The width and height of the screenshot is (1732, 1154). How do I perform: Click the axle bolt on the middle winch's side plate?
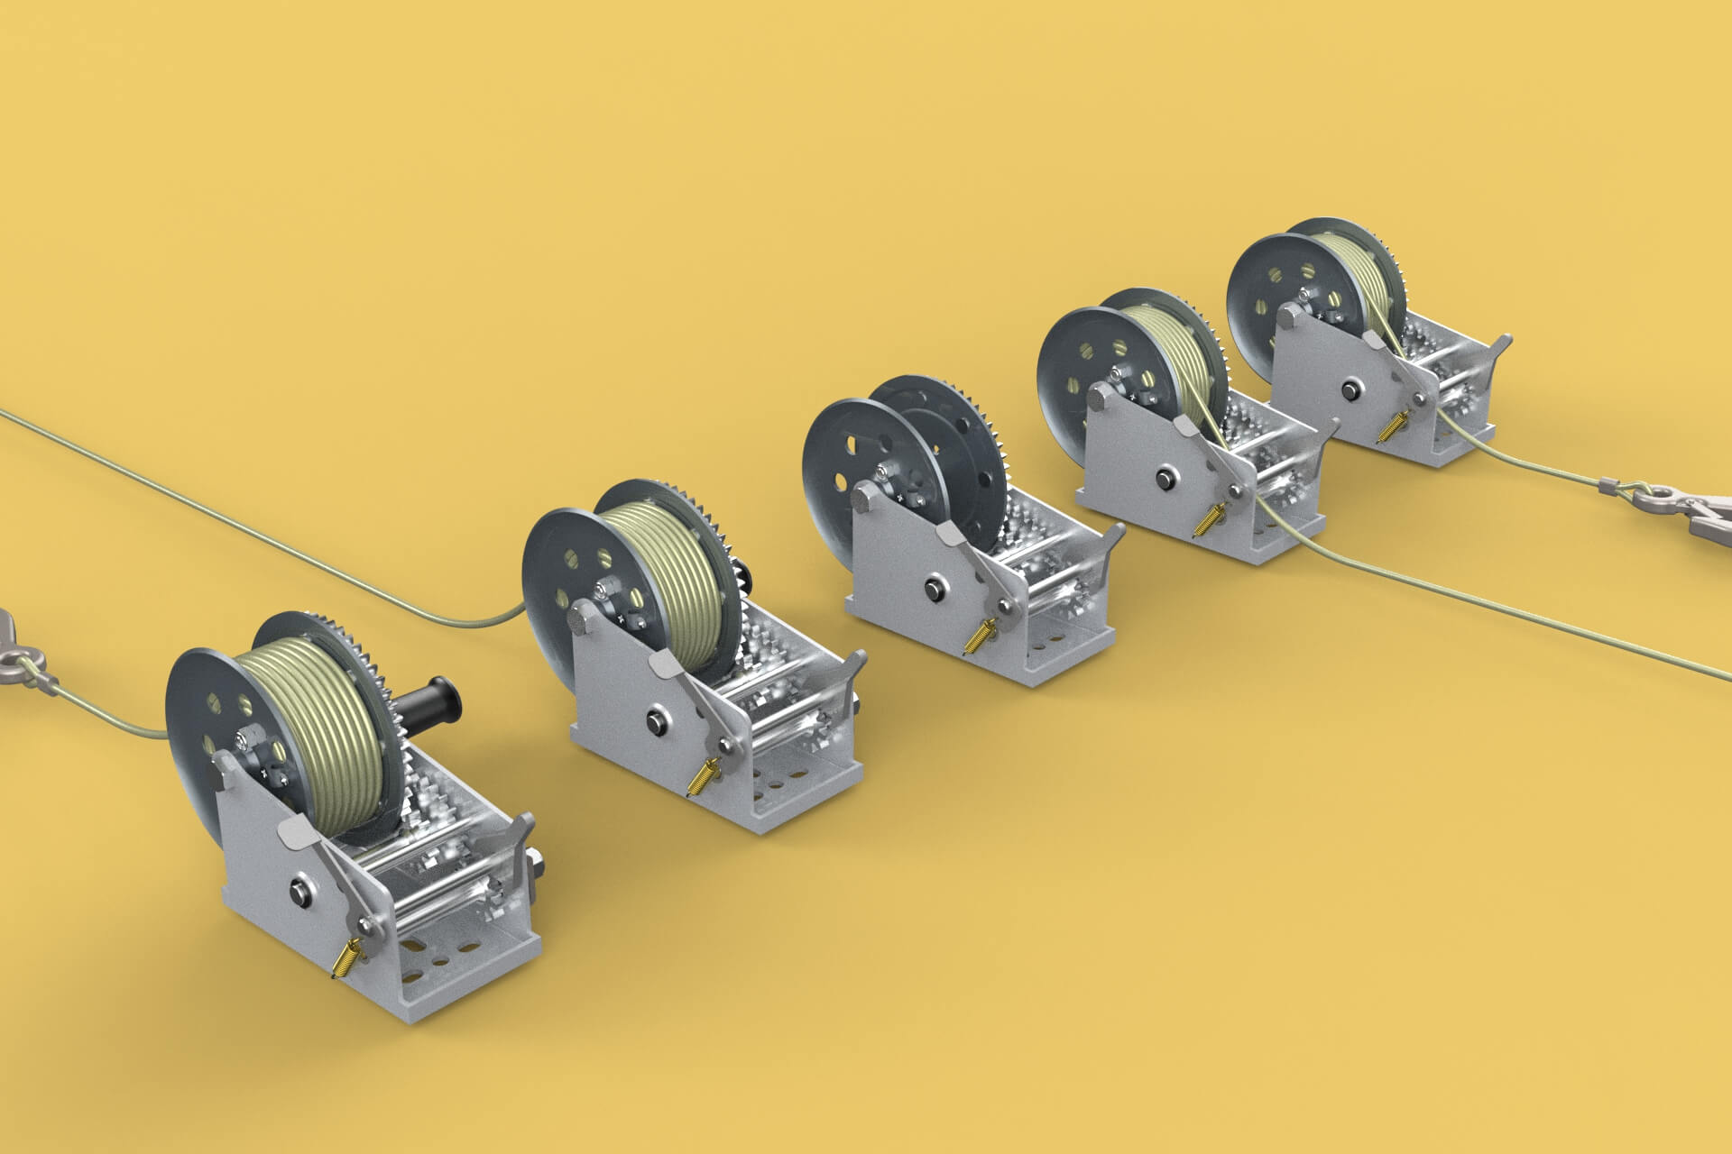(931, 591)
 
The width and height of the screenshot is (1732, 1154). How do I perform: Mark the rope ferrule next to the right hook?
(1615, 488)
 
